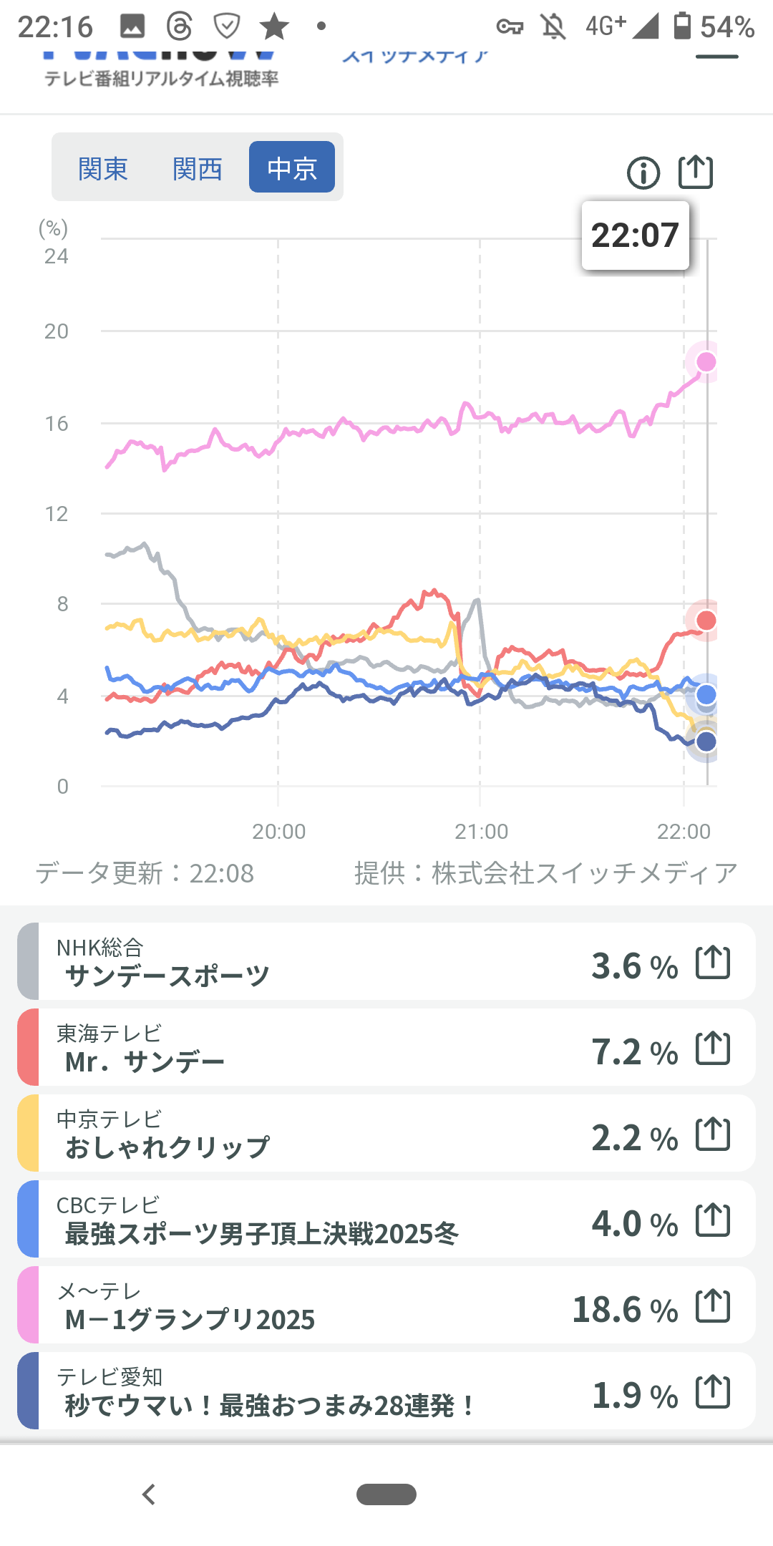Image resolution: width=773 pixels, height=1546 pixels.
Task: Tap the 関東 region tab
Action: (x=103, y=169)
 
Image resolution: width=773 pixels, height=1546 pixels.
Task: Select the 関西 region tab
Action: (x=198, y=169)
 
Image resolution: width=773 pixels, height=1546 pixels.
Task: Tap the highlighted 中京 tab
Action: (x=292, y=167)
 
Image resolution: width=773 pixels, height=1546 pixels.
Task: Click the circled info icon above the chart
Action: (x=643, y=173)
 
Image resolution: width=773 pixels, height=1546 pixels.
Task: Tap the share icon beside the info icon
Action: (x=696, y=172)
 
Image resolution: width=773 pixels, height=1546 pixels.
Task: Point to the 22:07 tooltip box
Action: (x=635, y=235)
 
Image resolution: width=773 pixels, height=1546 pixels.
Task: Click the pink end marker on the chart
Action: (x=706, y=362)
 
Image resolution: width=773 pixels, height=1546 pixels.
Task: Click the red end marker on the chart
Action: (x=706, y=620)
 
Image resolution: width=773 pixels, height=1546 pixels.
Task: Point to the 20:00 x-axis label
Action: (x=278, y=831)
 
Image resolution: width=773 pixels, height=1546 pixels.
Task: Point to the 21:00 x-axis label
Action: (x=481, y=831)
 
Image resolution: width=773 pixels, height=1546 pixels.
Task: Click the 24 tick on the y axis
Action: (x=57, y=256)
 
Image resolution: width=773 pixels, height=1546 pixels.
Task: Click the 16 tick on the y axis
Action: (x=57, y=424)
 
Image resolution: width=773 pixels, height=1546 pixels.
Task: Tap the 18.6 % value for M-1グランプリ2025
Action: (x=625, y=1310)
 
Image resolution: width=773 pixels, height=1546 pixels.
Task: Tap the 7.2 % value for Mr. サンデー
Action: (x=634, y=1052)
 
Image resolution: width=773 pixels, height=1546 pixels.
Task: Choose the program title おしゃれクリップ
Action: (x=167, y=1147)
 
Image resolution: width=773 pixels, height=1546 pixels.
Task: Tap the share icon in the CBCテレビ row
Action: (x=713, y=1220)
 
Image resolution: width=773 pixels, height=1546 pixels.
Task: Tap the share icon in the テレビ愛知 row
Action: (x=713, y=1392)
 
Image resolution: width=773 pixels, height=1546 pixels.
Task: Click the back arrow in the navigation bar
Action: (x=149, y=1494)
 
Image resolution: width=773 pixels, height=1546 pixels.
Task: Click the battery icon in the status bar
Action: (x=682, y=26)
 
